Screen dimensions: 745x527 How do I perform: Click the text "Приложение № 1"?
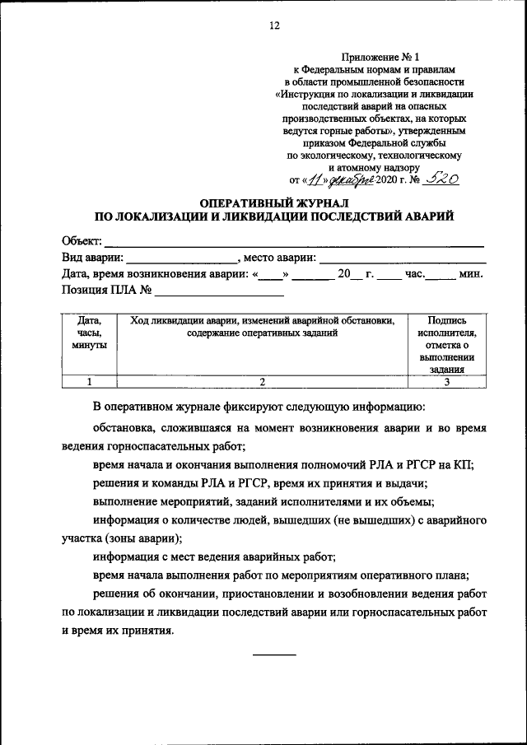coord(375,57)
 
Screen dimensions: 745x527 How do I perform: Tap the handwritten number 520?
coord(441,177)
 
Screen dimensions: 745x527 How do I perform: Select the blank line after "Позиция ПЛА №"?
coord(219,291)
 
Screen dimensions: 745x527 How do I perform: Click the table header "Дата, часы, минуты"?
coord(89,333)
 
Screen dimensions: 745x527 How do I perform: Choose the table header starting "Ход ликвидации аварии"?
coord(262,327)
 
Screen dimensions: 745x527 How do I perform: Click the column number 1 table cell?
coord(89,381)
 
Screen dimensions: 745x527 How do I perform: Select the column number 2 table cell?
coord(262,381)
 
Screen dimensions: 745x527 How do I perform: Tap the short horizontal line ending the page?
coord(273,654)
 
